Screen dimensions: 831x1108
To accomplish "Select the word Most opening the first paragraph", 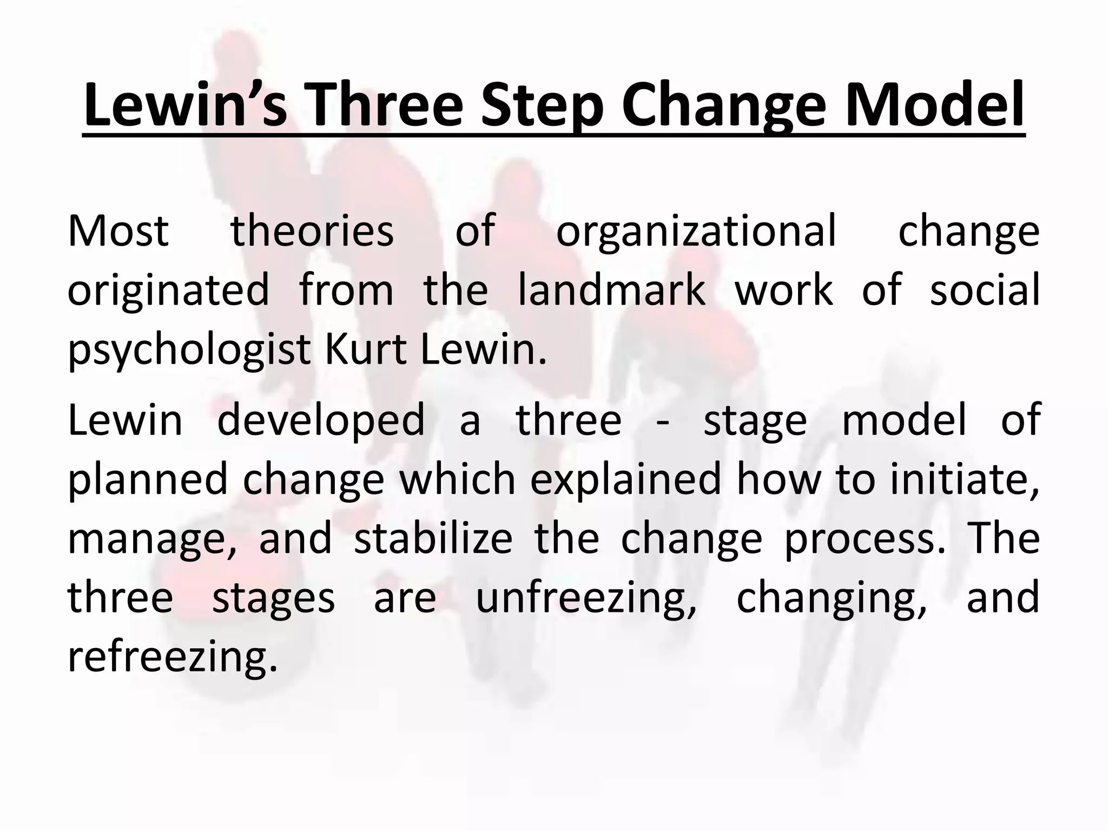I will pyautogui.click(x=118, y=231).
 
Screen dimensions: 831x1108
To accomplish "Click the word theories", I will pyautogui.click(x=312, y=231).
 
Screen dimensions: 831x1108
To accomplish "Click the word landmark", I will pyautogui.click(x=612, y=289).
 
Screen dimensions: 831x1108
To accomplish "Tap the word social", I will pyautogui.click(x=985, y=289).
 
